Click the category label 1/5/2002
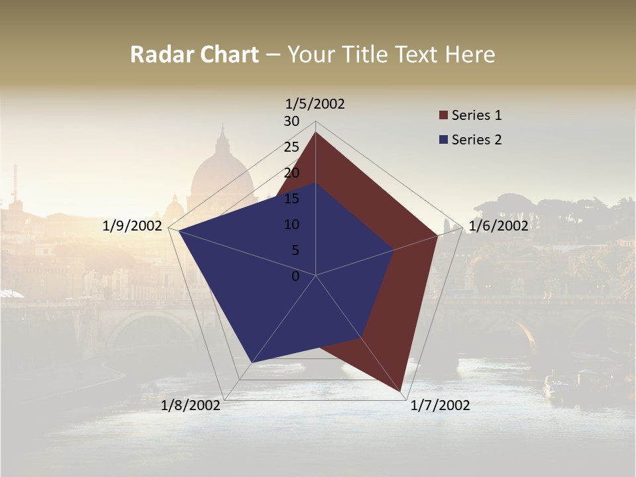(315, 104)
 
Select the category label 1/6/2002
(498, 226)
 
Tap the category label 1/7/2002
(440, 405)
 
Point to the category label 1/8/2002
(191, 405)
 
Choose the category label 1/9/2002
(132, 226)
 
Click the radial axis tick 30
(291, 121)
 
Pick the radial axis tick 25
(291, 147)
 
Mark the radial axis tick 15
(291, 199)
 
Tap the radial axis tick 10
(291, 225)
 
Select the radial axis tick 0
(295, 276)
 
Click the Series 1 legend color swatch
(444, 116)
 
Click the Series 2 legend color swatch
(444, 140)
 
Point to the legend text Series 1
(476, 115)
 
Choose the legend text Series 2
(476, 140)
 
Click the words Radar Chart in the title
(194, 54)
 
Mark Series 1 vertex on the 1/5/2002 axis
(315, 132)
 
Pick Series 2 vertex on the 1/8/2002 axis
(251, 362)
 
